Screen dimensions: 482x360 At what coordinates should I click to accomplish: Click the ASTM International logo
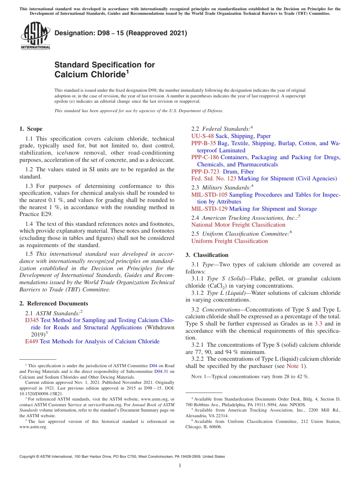click(x=35, y=36)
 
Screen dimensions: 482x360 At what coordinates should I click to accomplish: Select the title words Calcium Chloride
click(x=90, y=75)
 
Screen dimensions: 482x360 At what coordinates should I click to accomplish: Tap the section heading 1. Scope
click(x=31, y=129)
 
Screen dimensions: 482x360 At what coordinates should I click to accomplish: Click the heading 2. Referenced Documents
click(x=54, y=304)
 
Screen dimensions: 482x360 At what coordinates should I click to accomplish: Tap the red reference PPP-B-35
click(x=203, y=143)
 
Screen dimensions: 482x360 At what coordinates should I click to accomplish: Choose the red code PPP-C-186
click(x=205, y=157)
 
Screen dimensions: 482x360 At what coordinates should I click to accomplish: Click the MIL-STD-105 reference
click(x=210, y=195)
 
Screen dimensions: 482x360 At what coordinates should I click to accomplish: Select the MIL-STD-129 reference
click(x=210, y=209)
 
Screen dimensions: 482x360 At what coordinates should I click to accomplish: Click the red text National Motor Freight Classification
click(x=238, y=225)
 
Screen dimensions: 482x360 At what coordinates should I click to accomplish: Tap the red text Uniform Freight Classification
click(x=230, y=241)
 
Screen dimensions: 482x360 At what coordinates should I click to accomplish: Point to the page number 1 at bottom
click(x=180, y=466)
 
